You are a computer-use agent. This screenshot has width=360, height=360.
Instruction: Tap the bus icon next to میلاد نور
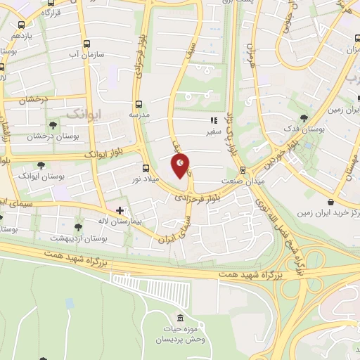click(x=146, y=168)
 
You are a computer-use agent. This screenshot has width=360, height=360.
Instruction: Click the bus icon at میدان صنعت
click(x=243, y=169)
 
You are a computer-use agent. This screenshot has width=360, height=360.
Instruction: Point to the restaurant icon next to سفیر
click(x=213, y=120)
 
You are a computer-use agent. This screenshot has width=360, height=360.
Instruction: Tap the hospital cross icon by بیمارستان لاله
click(x=120, y=210)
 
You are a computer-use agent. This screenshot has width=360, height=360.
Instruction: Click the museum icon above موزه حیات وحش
click(x=181, y=319)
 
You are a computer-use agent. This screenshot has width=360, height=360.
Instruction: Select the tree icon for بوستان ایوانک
click(x=41, y=166)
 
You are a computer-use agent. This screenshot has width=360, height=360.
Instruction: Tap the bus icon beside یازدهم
click(x=22, y=34)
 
